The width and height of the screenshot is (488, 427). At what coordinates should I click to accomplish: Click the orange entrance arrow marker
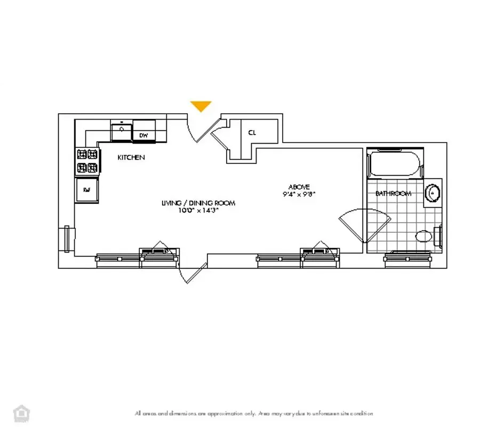tap(201, 106)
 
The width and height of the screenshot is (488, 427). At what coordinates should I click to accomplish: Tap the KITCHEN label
tap(131, 157)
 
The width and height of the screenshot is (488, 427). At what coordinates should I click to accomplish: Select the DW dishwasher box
tap(143, 136)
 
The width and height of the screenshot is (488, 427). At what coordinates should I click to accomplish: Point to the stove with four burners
tap(87, 161)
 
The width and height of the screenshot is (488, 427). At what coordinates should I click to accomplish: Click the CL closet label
tap(251, 133)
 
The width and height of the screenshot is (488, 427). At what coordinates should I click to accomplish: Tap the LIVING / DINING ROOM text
tap(198, 203)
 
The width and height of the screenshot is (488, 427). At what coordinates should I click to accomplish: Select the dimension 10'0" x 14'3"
tap(198, 210)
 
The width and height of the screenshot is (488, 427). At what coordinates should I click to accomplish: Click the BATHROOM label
tap(393, 193)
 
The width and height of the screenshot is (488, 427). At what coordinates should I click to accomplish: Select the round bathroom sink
tap(433, 193)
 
